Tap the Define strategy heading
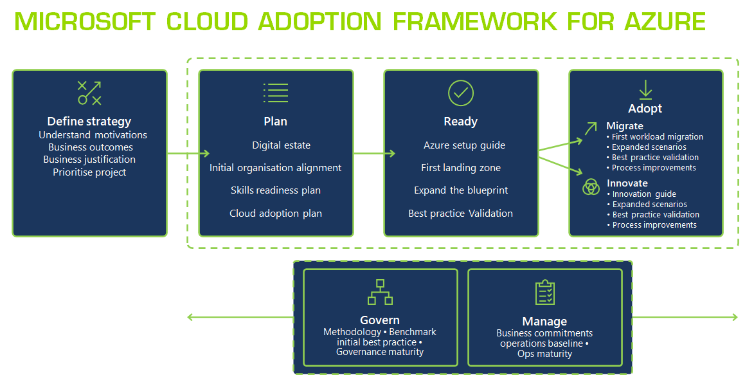coord(89,121)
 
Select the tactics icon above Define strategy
coord(89,93)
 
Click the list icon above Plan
coord(275,93)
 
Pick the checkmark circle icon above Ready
coord(460,93)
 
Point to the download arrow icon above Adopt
coord(645,89)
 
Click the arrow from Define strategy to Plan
coord(188,153)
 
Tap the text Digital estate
coord(281,145)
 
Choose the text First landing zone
coord(460,168)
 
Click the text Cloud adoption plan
coord(276,213)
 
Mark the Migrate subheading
coord(624,126)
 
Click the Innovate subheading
coord(627,183)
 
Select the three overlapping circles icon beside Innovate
coord(591,187)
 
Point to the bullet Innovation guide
coord(643,194)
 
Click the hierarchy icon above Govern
coord(380,292)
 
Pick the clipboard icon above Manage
coord(544,293)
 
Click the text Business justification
coord(89,159)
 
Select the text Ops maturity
coord(544,354)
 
